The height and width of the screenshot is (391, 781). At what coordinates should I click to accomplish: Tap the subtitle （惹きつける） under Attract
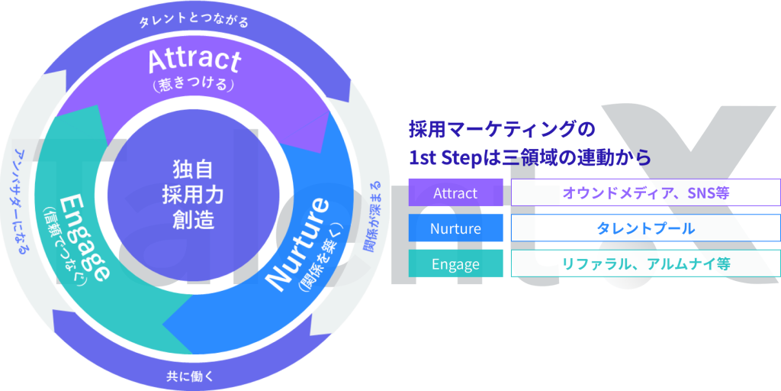tap(194, 86)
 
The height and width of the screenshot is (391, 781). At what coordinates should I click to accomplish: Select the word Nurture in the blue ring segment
tap(298, 245)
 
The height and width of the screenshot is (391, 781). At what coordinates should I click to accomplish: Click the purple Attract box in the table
tap(455, 192)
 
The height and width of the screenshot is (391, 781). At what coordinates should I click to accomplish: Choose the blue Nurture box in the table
tap(455, 228)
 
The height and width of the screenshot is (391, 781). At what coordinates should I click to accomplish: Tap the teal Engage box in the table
tap(455, 263)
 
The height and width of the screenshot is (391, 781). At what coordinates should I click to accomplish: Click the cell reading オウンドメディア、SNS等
tap(645, 192)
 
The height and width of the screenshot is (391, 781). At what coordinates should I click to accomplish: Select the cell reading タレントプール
tap(645, 228)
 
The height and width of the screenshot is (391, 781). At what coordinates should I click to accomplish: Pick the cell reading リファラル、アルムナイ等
tap(645, 263)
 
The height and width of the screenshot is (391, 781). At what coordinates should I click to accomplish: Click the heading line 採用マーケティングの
tap(502, 130)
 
